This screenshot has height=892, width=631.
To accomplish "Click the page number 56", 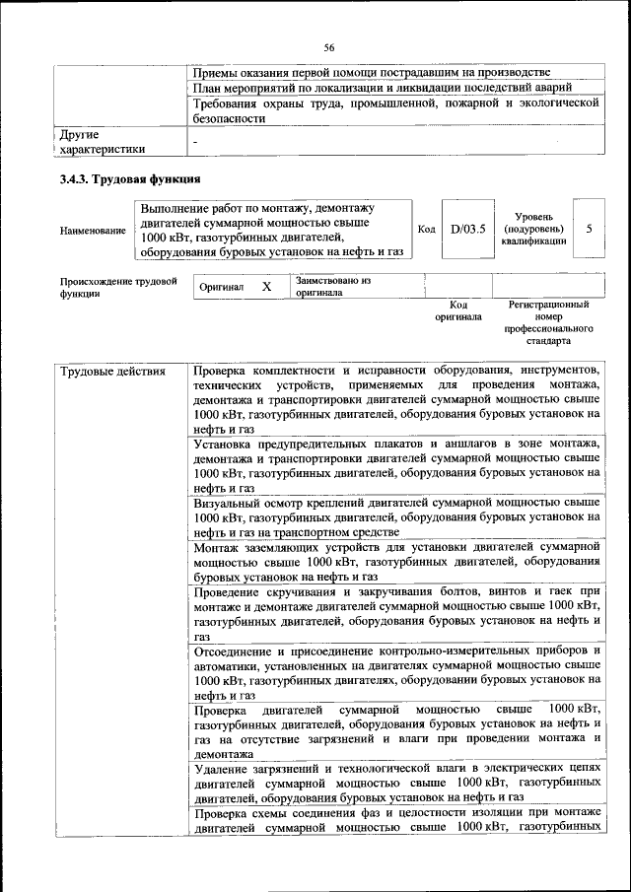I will [x=330, y=47].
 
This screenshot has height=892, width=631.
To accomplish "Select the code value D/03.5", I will [x=468, y=230].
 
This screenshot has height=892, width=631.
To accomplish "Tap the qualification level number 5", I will [x=589, y=229].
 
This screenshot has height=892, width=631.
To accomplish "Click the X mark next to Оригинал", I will [x=266, y=286].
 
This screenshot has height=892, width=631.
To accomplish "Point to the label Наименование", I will [x=93, y=231].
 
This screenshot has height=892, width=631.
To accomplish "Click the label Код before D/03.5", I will [x=426, y=230].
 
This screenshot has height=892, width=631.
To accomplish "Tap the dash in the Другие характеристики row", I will [x=195, y=142].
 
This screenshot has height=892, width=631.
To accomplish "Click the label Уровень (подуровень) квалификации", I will [x=532, y=229].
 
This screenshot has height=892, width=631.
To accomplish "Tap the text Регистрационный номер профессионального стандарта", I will [x=548, y=323].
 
